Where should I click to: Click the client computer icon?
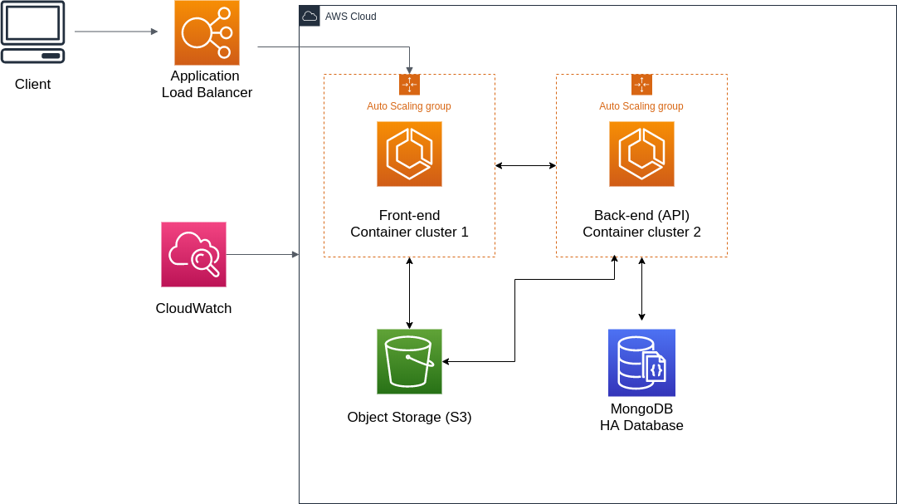click(x=33, y=32)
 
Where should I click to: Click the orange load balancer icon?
click(x=207, y=32)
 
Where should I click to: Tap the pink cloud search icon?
click(x=193, y=254)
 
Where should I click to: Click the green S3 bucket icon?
click(x=409, y=361)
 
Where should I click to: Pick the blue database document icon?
click(x=641, y=363)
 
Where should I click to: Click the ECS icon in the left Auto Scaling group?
click(x=409, y=154)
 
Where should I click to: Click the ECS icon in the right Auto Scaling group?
click(x=641, y=154)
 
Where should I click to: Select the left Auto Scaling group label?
click(x=409, y=106)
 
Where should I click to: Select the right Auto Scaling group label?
click(x=641, y=106)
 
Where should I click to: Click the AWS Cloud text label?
click(x=350, y=17)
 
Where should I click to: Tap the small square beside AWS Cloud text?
click(x=310, y=16)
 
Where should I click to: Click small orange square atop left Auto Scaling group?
click(x=409, y=85)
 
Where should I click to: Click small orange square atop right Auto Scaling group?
click(x=641, y=85)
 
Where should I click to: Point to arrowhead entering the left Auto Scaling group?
click(x=409, y=71)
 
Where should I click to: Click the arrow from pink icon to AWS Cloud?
click(x=261, y=254)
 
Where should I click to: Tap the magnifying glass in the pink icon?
click(x=204, y=263)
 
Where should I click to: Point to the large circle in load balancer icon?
click(x=197, y=34)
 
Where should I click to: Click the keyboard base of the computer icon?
click(x=33, y=56)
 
